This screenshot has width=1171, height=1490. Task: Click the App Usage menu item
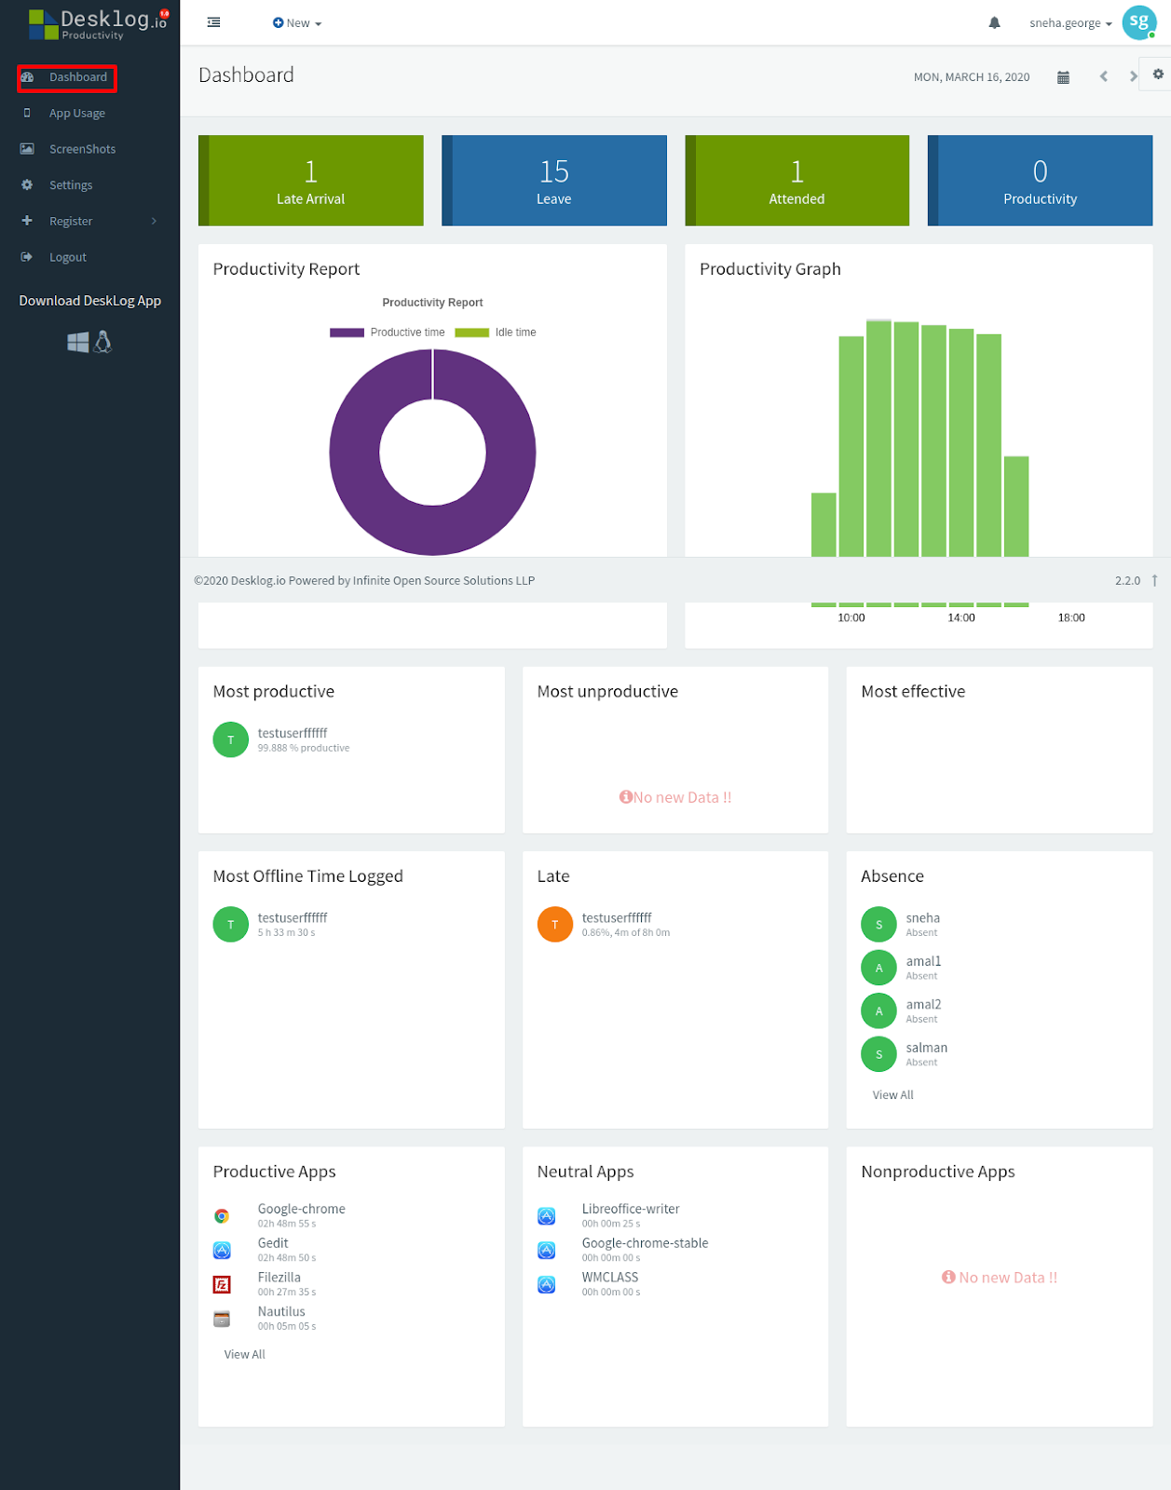coord(76,113)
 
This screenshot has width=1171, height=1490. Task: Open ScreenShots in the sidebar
coord(82,149)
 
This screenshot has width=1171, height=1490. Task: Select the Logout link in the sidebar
coord(67,257)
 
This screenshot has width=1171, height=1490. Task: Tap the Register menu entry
coord(71,221)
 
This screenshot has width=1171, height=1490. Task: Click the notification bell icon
coord(994,22)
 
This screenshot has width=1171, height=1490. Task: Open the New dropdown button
coord(297,22)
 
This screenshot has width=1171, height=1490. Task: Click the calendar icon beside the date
coord(1063,76)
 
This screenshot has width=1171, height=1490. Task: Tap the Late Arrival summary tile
coord(310,181)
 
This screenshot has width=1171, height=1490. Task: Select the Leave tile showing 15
coord(554,181)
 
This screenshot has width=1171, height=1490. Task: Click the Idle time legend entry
coord(496,332)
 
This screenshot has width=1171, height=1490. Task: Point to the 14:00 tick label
coord(961,617)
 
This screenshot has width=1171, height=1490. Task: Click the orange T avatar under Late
coord(554,925)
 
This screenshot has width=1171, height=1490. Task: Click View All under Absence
coord(892,1095)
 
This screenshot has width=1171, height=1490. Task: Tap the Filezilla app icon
coord(222,1284)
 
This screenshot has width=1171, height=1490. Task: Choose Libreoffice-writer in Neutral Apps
coord(631,1209)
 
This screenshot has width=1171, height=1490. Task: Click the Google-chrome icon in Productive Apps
coord(222,1216)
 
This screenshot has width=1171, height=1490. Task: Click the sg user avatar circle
coord(1138,22)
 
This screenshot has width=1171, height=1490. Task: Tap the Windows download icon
coord(78,342)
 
